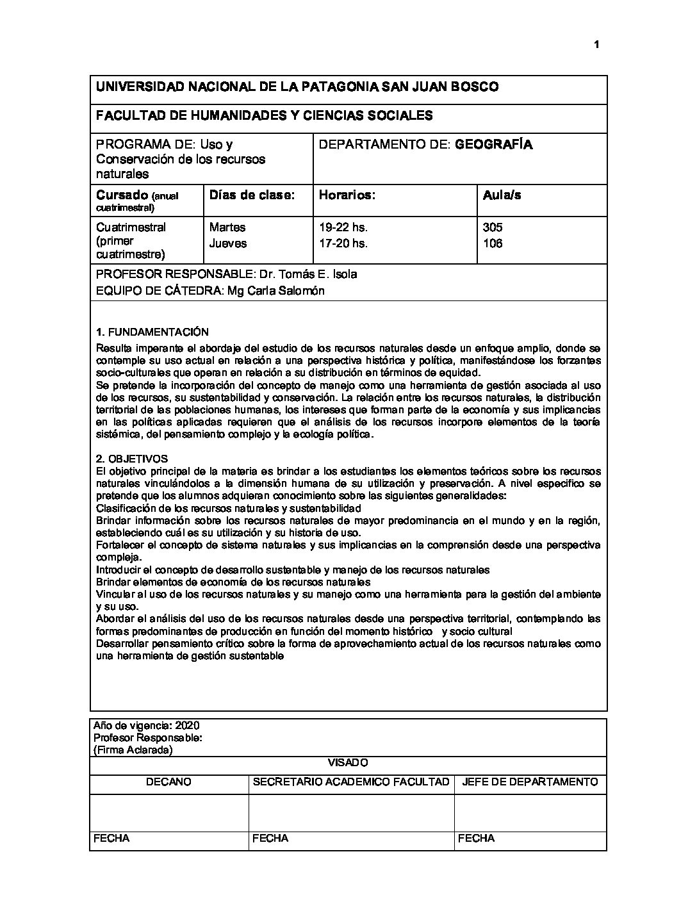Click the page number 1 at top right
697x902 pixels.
596,44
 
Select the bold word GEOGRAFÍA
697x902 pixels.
493,144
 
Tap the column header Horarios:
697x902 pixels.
347,195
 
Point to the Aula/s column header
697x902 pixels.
502,195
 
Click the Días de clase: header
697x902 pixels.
252,195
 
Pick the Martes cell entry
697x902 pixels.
227,227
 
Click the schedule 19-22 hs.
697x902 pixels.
343,227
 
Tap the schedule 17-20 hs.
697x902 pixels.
343,243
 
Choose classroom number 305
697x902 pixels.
493,227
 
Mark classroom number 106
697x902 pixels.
493,243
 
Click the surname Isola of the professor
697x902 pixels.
345,274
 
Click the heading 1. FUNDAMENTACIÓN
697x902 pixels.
152,332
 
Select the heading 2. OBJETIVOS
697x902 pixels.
131,459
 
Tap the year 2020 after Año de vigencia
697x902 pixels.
187,726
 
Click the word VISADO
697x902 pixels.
348,762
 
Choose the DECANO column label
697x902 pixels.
168,782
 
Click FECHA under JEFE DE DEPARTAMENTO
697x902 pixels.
476,838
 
